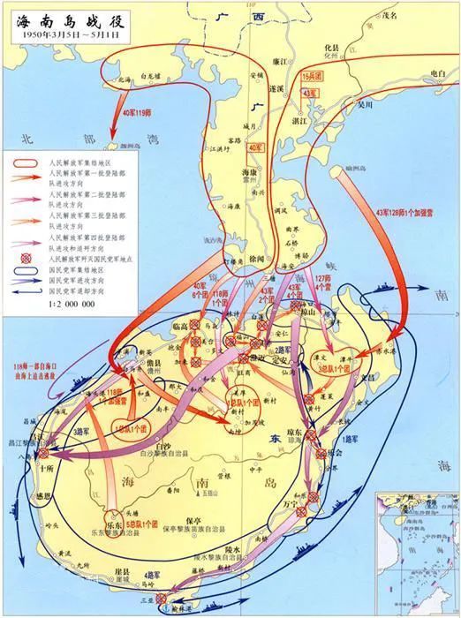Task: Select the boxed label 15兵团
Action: pos(313,77)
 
